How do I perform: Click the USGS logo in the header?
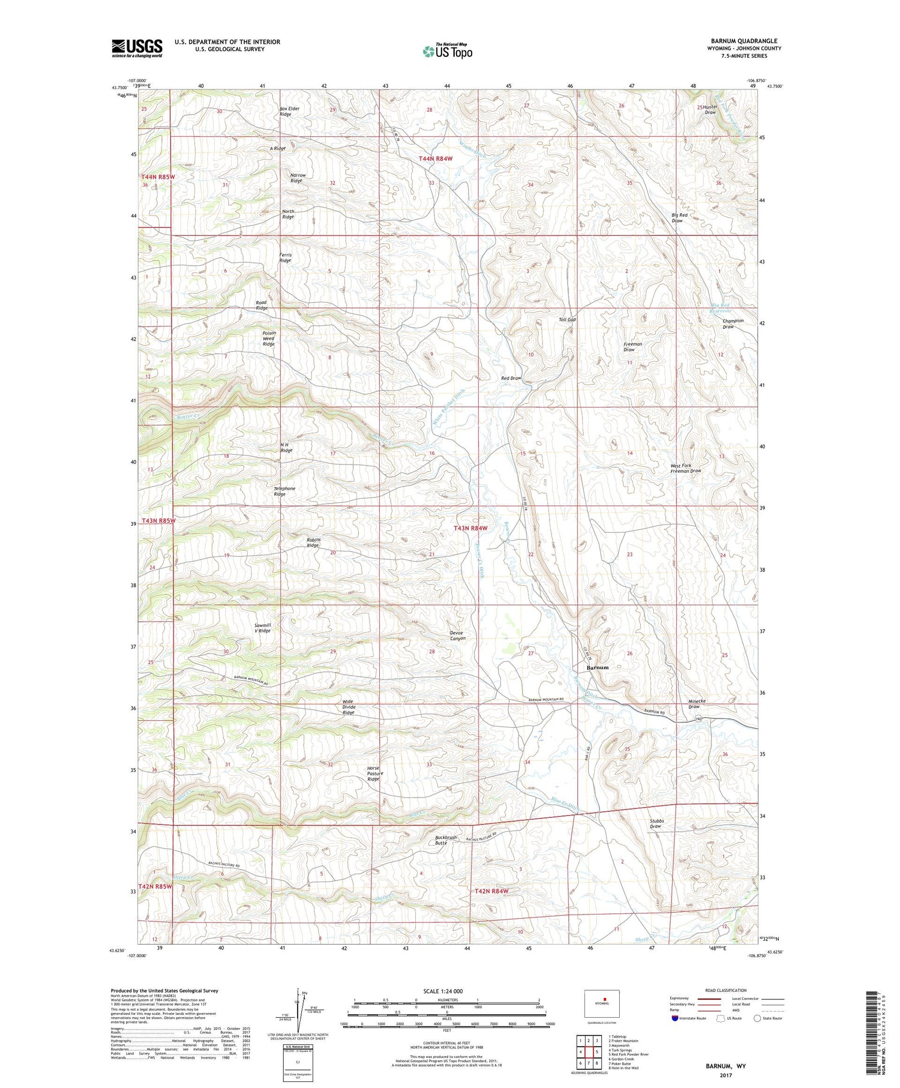pos(137,48)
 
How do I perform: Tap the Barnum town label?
pos(597,667)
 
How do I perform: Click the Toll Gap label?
pos(567,320)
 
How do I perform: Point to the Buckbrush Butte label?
pos(446,840)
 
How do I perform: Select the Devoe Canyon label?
pos(457,636)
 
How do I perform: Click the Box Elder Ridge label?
pos(289,112)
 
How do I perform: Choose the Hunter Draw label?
pos(710,110)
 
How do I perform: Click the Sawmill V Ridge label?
pos(262,628)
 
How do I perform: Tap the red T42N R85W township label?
pos(156,886)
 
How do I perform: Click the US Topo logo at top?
pos(447,51)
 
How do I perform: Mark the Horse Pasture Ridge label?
pos(374,774)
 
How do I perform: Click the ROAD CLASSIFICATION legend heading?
pos(726,990)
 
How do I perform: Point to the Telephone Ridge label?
pos(284,491)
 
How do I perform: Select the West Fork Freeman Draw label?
pos(685,468)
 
